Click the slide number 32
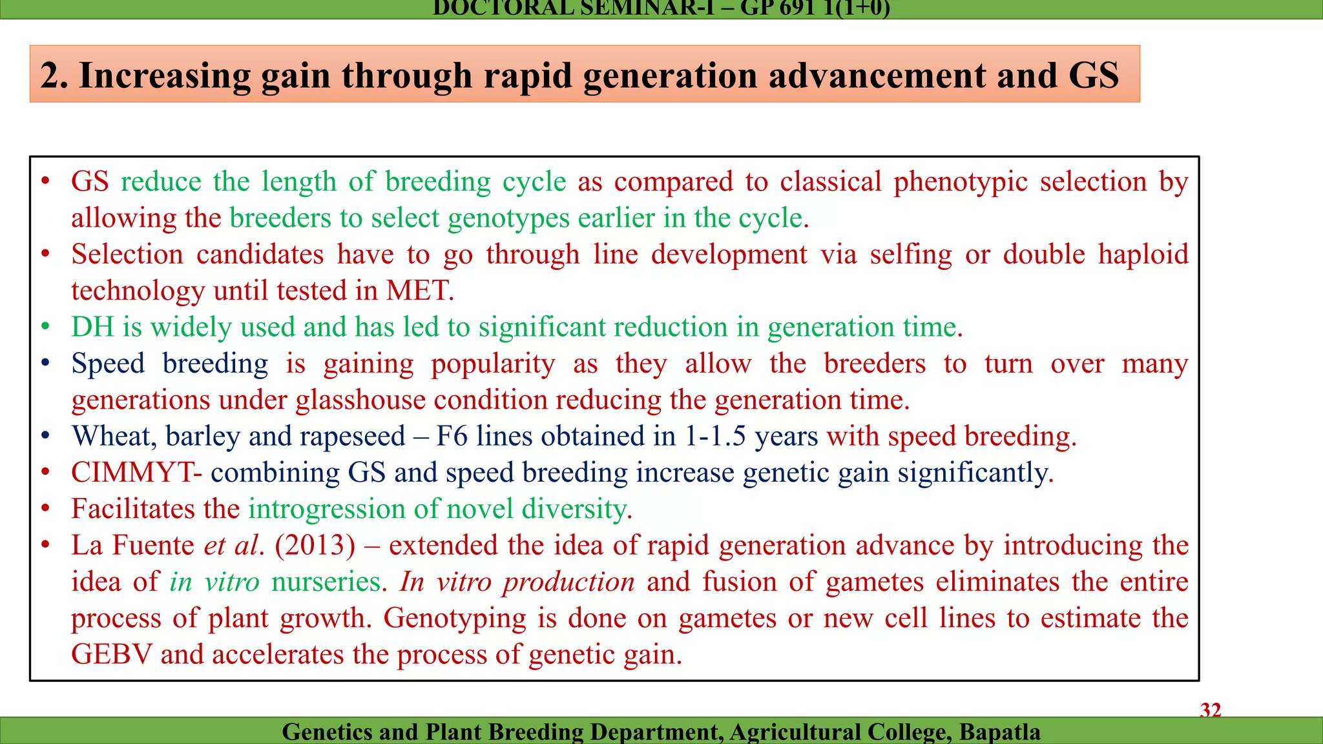(1211, 710)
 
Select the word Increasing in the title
(165, 76)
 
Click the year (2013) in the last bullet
(315, 545)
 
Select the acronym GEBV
(111, 654)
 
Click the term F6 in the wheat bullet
(452, 436)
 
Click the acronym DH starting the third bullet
(92, 327)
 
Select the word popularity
(493, 364)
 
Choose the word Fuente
(153, 545)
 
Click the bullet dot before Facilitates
(45, 509)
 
